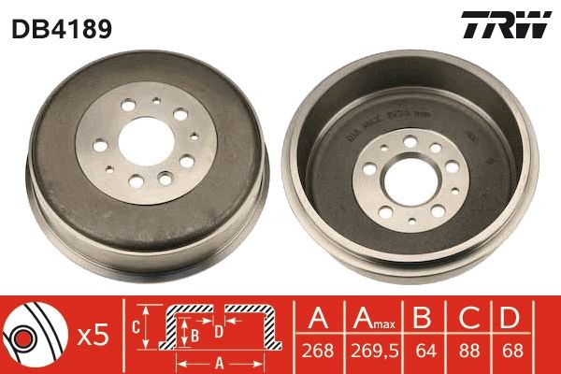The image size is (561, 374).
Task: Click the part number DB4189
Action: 62,29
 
